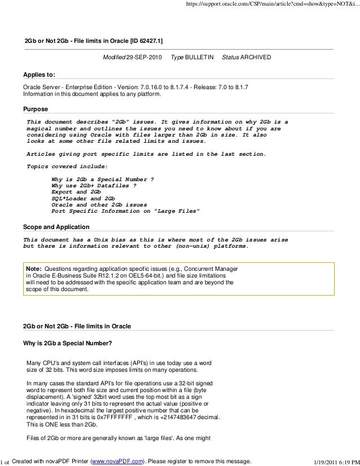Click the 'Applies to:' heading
(x=39, y=74)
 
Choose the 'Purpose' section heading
(x=34, y=109)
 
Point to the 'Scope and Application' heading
(x=55, y=227)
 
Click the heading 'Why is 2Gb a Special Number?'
(x=67, y=344)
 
